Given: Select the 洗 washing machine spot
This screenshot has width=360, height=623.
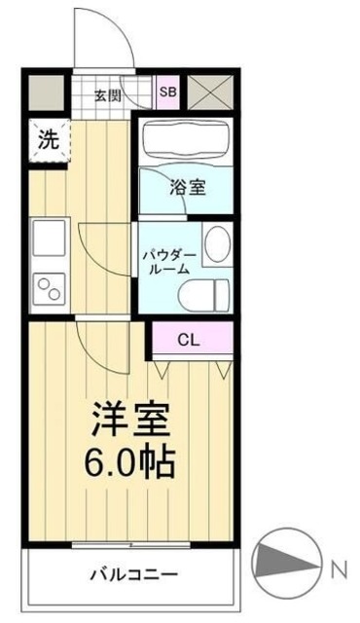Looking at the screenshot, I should [48, 139].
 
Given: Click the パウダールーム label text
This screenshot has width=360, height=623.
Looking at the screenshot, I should [171, 261].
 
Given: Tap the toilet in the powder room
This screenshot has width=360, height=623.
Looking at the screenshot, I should [212, 289].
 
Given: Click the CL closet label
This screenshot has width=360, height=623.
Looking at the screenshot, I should [190, 340].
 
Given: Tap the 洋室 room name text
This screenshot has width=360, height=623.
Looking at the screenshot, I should [130, 420].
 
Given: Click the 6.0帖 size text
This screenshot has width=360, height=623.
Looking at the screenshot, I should [130, 461].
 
